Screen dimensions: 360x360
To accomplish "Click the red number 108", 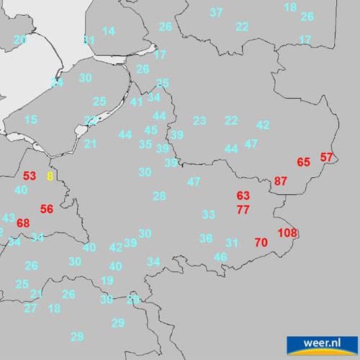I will [287, 233].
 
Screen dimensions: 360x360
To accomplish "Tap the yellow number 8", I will [50, 176].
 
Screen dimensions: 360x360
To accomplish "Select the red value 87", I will [281, 181].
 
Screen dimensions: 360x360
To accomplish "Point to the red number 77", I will [243, 210].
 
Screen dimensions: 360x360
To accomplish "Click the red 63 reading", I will [243, 196].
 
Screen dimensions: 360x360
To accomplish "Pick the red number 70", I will [261, 243].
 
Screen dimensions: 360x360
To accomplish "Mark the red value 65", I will [303, 162].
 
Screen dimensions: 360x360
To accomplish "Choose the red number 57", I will [327, 157].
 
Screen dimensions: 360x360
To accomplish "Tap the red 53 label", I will [29, 176].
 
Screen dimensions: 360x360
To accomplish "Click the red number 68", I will [23, 223].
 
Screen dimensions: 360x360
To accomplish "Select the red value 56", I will [47, 209].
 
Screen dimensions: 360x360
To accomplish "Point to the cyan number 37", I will [216, 12].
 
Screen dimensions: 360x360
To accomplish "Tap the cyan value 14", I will [108, 31].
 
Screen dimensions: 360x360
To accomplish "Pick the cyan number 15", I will [30, 120].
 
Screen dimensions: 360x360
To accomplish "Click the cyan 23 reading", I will [199, 120].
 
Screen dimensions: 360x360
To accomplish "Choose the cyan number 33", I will [208, 215].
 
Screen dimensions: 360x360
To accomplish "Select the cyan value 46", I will [220, 257].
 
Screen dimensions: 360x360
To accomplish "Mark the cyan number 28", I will [159, 196].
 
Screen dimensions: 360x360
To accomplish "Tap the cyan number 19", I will [107, 280].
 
